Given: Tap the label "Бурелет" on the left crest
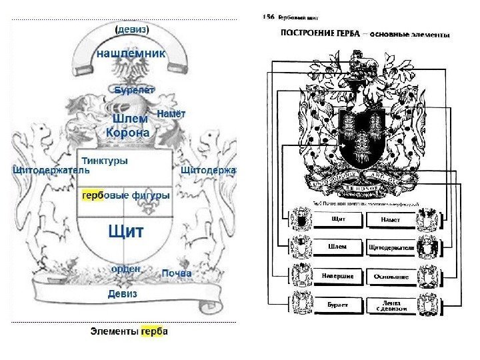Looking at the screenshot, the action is [x=133, y=88].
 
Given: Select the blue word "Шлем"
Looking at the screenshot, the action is [x=130, y=118].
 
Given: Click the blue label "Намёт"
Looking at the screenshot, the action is [x=171, y=114].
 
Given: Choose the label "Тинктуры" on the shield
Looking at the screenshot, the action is [x=105, y=161].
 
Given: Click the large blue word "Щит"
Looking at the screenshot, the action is [x=125, y=231].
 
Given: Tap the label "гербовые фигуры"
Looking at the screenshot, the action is [x=125, y=195].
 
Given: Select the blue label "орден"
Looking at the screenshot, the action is [x=125, y=268].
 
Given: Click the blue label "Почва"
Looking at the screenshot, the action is [x=177, y=273].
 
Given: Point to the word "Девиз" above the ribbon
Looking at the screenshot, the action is [x=122, y=293].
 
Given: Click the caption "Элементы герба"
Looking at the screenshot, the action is [x=129, y=331].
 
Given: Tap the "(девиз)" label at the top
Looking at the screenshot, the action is [x=132, y=30].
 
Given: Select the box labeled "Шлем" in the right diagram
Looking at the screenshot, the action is [x=338, y=247].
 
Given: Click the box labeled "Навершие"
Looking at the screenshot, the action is [x=338, y=275].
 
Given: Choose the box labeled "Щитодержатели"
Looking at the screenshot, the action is [x=391, y=247].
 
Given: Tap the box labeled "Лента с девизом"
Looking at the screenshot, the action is [x=391, y=305].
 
